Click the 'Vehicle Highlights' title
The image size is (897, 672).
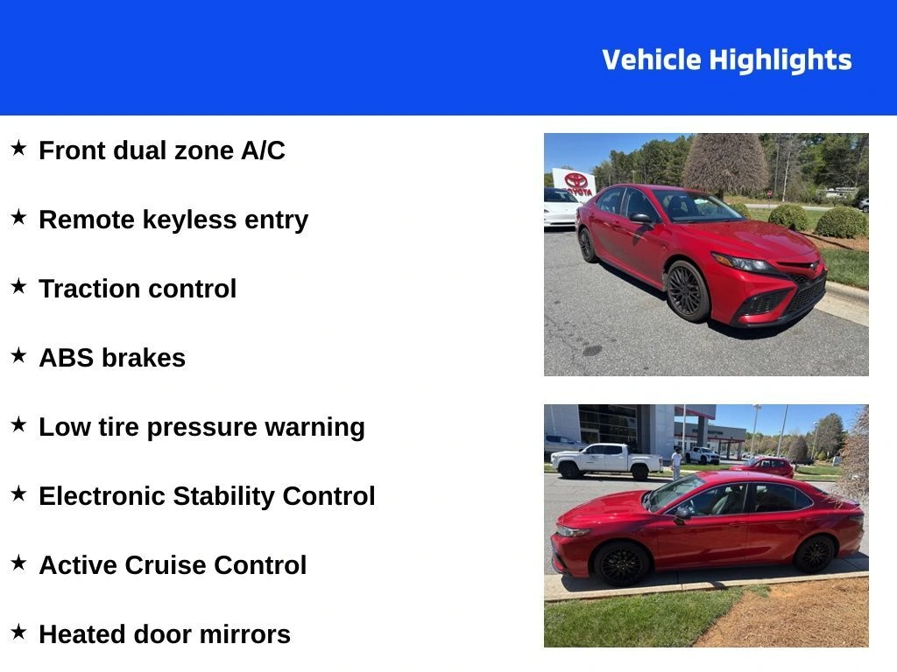pos(726,60)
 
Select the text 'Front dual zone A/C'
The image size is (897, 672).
pos(162,150)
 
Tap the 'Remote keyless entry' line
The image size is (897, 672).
pos(173,220)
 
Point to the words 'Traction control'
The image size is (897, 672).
pos(138,289)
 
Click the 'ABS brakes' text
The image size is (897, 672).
pos(112,358)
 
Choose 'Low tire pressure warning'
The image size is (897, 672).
pos(202,427)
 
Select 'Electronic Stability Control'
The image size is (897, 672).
pos(207,496)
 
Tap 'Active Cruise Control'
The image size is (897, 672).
pos(173,565)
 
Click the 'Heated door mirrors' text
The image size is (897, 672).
pos(165,634)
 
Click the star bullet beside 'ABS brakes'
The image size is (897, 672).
pos(19,355)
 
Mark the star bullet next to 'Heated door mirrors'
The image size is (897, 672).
pos(19,632)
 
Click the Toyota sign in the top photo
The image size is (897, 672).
pos(575,184)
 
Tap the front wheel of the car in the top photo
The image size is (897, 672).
pos(687,290)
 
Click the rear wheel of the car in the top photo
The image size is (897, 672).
pos(587,245)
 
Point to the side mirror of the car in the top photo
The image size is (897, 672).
pos(640,218)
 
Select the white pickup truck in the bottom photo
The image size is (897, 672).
pos(606,460)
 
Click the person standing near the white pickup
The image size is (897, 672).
pos(677,463)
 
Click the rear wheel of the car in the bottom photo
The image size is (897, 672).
pos(815,554)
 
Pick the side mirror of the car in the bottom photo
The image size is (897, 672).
pos(682,514)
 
